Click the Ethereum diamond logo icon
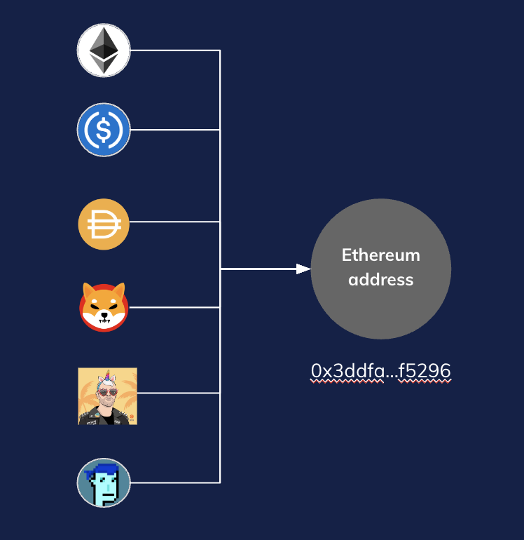pyautogui.click(x=104, y=50)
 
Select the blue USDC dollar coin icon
pyautogui.click(x=104, y=130)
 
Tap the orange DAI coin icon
pyautogui.click(x=104, y=224)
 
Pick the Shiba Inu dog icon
pyautogui.click(x=104, y=307)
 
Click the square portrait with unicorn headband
pyautogui.click(x=107, y=396)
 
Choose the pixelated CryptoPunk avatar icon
pyautogui.click(x=104, y=482)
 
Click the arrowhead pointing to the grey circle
pyautogui.click(x=303, y=269)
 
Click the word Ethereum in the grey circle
pyautogui.click(x=380, y=255)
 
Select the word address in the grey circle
pyautogui.click(x=380, y=280)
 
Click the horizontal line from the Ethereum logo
pyautogui.click(x=175, y=50)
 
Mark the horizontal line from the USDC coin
pyautogui.click(x=175, y=130)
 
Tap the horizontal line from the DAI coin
pyautogui.click(x=175, y=222)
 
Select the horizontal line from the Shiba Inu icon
pyautogui.click(x=175, y=307)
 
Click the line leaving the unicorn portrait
pyautogui.click(x=179, y=393)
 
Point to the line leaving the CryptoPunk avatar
pyautogui.click(x=175, y=482)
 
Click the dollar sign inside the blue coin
pyautogui.click(x=104, y=130)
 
